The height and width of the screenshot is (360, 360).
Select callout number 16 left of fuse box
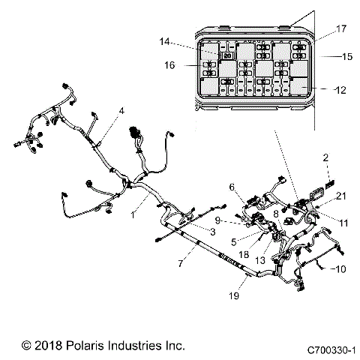click(169, 65)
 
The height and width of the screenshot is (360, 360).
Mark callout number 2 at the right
click(325, 157)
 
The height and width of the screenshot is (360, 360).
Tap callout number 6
click(232, 187)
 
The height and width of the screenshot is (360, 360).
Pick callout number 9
click(217, 220)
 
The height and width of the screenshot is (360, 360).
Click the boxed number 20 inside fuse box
click(227, 55)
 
